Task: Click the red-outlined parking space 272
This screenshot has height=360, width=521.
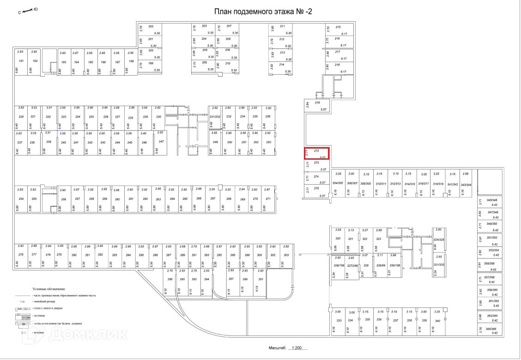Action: click(316, 154)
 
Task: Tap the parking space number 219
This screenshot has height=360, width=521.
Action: click(317, 102)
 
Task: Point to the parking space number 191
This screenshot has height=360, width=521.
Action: click(20, 61)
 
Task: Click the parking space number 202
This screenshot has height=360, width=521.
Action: click(151, 26)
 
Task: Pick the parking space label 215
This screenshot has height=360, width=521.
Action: click(338, 27)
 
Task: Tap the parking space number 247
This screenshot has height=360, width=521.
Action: click(161, 141)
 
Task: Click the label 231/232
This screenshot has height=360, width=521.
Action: click(215, 116)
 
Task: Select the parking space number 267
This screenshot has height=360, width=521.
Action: click(212, 198)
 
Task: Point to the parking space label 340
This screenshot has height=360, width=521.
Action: click(437, 320)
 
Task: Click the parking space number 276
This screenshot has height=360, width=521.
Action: click(20, 255)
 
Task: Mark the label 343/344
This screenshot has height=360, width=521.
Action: click(466, 184)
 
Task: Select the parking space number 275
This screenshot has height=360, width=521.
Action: click(316, 188)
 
